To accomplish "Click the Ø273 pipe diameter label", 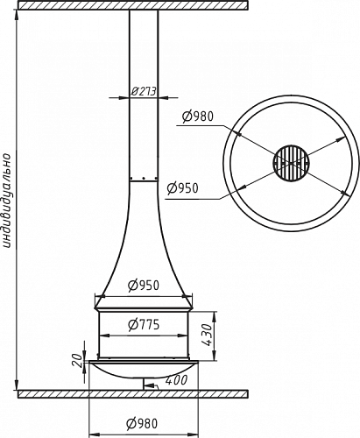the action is [144, 91].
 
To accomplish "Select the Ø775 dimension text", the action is [144, 324].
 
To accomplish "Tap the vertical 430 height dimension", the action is [207, 335].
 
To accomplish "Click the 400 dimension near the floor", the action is [176, 380].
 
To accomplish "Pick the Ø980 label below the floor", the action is [142, 424].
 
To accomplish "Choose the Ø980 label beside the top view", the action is [198, 117].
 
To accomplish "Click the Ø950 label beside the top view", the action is [182, 188].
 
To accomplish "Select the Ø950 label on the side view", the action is [144, 286].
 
